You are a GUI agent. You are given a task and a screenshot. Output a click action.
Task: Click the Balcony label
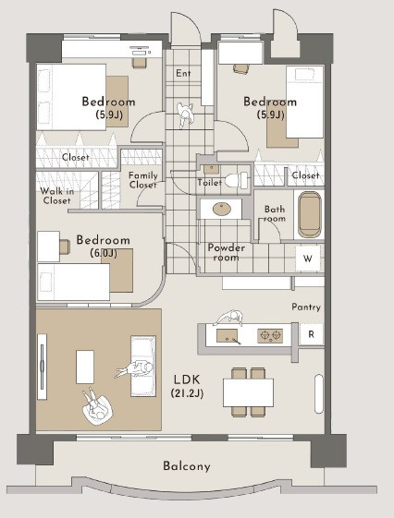point(187,466)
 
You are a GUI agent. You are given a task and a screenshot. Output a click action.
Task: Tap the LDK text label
point(187,379)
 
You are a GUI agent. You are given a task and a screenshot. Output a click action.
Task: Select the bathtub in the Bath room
point(309,214)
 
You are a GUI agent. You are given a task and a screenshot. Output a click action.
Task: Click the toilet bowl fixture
point(237,180)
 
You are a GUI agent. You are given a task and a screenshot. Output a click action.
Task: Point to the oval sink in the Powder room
point(222,209)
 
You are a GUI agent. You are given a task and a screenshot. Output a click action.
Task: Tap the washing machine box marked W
point(308,259)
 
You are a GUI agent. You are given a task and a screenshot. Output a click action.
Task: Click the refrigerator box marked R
point(312,334)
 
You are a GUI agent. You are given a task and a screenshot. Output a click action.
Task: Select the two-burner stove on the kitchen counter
point(270,336)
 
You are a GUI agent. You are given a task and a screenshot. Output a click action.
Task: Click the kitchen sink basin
point(227,336)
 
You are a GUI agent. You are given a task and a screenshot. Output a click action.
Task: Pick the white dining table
point(248,392)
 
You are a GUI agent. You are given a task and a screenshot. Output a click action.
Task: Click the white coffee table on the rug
point(85,367)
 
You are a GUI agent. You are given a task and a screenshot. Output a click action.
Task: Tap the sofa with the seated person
point(143,366)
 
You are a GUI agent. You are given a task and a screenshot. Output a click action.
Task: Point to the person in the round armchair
point(95,405)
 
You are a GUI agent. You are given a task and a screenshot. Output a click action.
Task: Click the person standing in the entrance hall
point(185,114)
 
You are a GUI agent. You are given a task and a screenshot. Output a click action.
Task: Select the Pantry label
point(306,307)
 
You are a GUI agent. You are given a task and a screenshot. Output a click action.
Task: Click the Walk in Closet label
point(56,196)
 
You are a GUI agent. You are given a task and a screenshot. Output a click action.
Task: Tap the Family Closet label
point(143,180)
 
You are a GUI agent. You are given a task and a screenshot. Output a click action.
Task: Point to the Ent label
point(183,73)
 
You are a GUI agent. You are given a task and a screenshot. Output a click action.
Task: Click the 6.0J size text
point(104,253)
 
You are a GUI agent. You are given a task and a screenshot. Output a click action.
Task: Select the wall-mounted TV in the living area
point(42,367)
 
